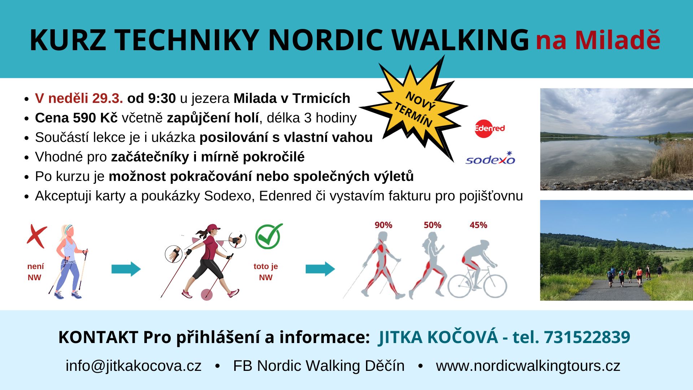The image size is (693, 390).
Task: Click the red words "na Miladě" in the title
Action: pos(598,40)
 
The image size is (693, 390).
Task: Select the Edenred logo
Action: pos(489,129)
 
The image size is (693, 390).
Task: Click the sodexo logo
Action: pos(490,158)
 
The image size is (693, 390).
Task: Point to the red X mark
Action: pos(36,236)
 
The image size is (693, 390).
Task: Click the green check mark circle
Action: pos(269,236)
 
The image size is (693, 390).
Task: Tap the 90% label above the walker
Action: pos(383,225)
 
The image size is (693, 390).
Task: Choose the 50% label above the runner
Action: pos(432,225)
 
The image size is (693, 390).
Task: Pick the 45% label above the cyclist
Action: pos(478,225)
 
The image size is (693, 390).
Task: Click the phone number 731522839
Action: pos(587,337)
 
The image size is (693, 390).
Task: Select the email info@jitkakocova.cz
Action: pos(134,366)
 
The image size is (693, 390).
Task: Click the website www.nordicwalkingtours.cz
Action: pos(528,366)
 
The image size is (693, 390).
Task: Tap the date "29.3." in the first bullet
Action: pos(108,98)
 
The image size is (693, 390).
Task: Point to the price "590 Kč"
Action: pos(95,118)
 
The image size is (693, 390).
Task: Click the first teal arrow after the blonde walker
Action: pos(126,269)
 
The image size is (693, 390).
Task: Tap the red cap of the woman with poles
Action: pos(212,227)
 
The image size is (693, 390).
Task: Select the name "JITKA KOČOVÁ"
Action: pos(438,337)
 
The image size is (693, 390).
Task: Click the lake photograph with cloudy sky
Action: pos(616,139)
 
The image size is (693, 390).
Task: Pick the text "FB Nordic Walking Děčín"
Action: pos(319,366)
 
